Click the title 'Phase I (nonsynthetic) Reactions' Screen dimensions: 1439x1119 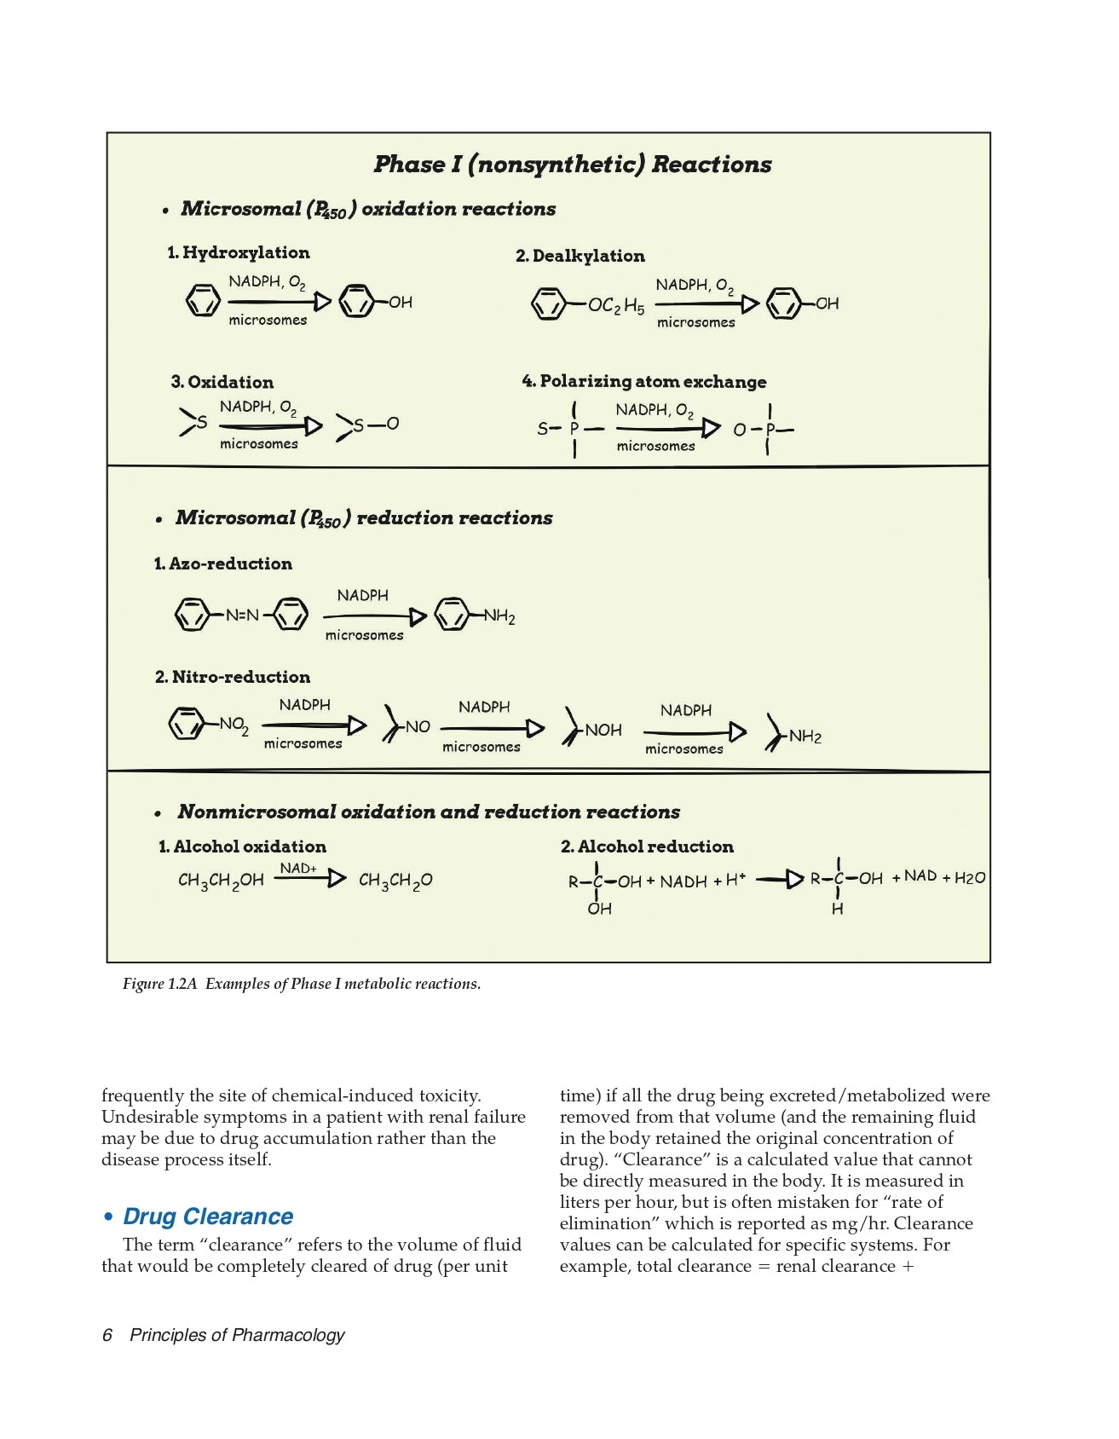pyautogui.click(x=573, y=165)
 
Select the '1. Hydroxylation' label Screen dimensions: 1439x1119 pyautogui.click(x=239, y=252)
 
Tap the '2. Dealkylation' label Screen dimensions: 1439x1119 pyautogui.click(x=580, y=256)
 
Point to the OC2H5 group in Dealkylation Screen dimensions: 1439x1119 pyautogui.click(x=616, y=305)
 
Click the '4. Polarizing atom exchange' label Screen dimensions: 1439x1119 pyautogui.click(x=644, y=381)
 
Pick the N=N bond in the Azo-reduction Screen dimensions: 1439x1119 pyautogui.click(x=242, y=615)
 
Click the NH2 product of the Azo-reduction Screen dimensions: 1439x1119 pyautogui.click(x=499, y=616)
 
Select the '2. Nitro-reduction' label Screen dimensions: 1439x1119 pyautogui.click(x=233, y=677)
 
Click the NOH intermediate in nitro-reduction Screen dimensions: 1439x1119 pyautogui.click(x=603, y=731)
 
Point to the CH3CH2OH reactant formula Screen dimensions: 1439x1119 pyautogui.click(x=221, y=881)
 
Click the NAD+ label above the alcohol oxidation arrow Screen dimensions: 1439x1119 pyautogui.click(x=298, y=868)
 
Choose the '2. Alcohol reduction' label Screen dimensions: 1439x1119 pyautogui.click(x=647, y=847)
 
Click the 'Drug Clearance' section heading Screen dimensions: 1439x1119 pyautogui.click(x=208, y=1217)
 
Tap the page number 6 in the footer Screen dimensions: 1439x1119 pyautogui.click(x=107, y=1335)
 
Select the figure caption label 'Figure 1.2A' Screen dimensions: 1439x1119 pyautogui.click(x=159, y=984)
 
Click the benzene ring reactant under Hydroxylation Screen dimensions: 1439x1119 pyautogui.click(x=203, y=301)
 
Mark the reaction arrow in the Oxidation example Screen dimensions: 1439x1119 pyautogui.click(x=271, y=425)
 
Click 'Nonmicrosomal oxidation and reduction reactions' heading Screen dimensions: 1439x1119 pyautogui.click(x=429, y=812)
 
